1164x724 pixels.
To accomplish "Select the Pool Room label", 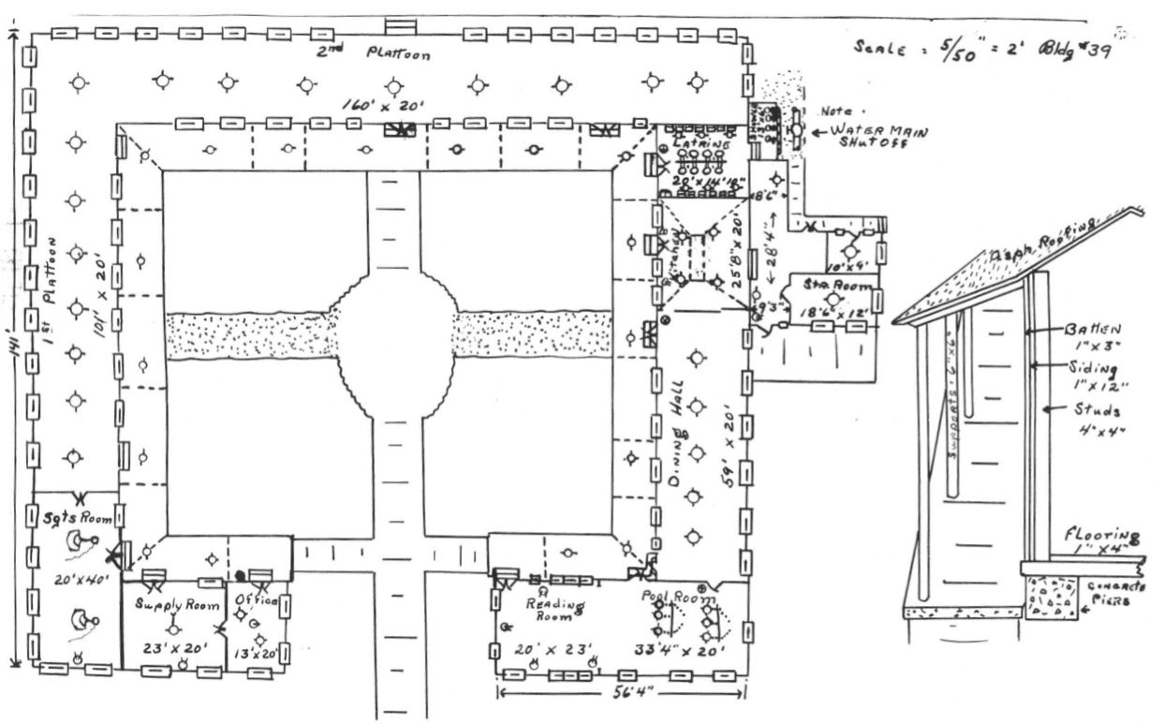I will pos(677,597).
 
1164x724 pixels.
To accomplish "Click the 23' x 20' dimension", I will pos(175,647).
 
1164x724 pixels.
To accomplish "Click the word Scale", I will pos(878,48).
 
